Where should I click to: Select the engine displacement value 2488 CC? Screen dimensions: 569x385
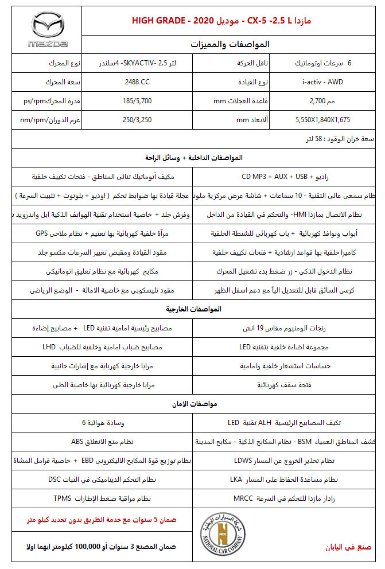coord(137,82)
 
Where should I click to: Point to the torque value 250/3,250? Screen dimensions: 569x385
coord(137,120)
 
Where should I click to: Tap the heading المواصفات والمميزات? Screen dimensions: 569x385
coord(229,44)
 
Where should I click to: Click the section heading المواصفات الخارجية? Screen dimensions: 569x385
coord(193,309)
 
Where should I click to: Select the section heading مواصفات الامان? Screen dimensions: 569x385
coord(193,404)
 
